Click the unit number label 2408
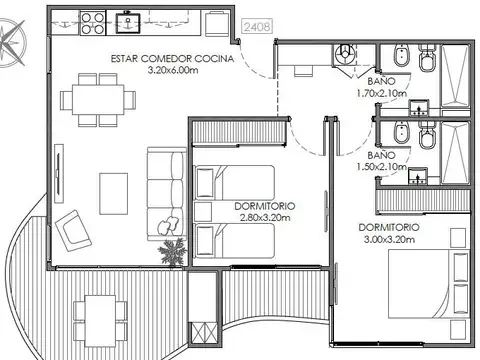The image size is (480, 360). click(257, 26)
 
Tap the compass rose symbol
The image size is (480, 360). click(11, 43)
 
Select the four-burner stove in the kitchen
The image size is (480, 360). click(93, 23)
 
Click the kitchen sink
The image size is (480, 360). click(128, 23)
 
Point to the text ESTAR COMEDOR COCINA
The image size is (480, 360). click(172, 59)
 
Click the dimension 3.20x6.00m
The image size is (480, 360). click(173, 71)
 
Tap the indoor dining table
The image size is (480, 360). click(98, 100)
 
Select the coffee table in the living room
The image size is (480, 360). click(113, 194)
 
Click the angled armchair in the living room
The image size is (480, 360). click(73, 230)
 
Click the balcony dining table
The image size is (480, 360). click(100, 321)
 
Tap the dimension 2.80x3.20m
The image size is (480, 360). click(265, 218)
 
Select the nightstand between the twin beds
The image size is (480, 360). click(203, 211)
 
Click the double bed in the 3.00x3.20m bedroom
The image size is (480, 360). click(429, 285)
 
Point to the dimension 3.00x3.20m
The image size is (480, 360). click(389, 239)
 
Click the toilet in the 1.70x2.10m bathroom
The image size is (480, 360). click(427, 58)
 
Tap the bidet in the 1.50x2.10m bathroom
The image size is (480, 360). click(401, 133)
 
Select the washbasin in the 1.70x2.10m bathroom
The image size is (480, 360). click(419, 108)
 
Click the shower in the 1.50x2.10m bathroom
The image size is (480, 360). click(455, 152)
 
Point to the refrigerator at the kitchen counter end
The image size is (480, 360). click(217, 23)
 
